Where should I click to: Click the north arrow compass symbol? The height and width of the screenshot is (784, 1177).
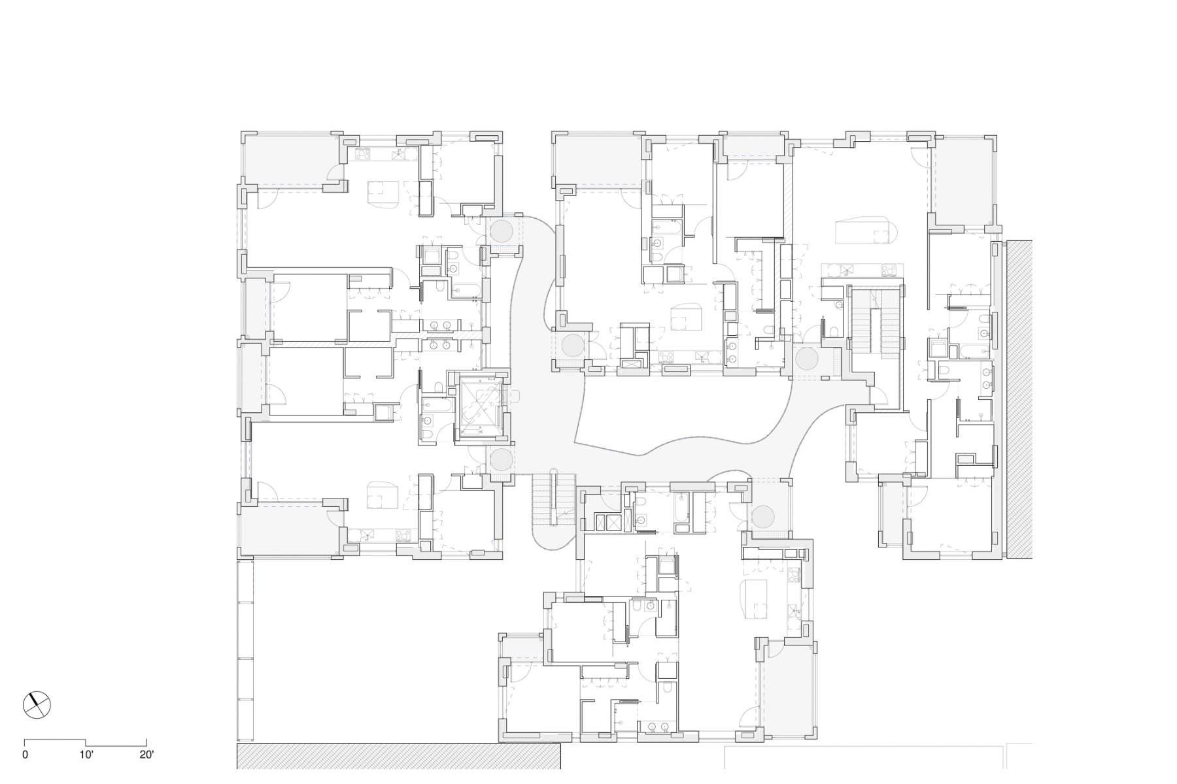coord(37,704)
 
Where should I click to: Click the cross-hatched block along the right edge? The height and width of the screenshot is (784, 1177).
coord(1019,399)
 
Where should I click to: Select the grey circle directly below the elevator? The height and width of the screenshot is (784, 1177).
coord(502,459)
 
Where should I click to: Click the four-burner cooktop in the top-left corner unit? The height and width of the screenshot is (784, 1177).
coord(364,155)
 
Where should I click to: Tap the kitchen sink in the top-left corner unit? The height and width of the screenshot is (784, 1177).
coord(398,155)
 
